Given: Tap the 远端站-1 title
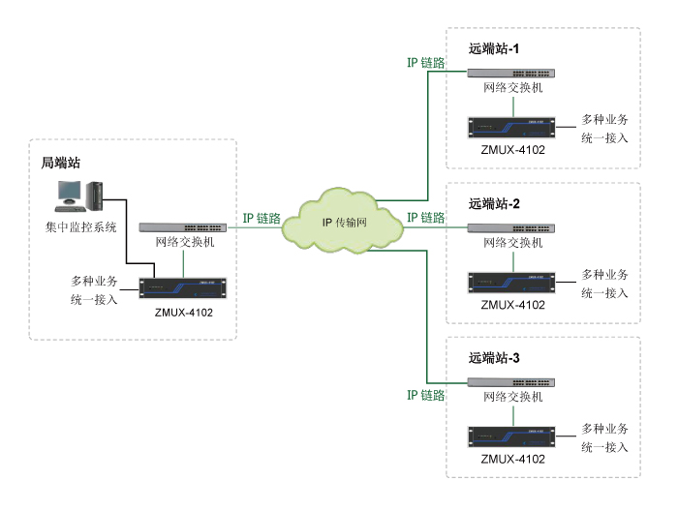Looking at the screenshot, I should point(495,48).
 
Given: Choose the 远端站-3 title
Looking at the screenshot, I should point(495,358).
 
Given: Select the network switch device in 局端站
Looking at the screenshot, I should point(184,227).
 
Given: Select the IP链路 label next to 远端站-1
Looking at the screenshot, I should point(425,63).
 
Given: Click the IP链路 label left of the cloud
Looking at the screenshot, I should point(261,219).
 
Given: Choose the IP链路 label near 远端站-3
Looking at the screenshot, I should point(425,396).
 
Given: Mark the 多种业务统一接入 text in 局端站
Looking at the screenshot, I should point(94,290).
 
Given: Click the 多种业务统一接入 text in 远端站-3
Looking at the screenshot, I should point(605,437).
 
